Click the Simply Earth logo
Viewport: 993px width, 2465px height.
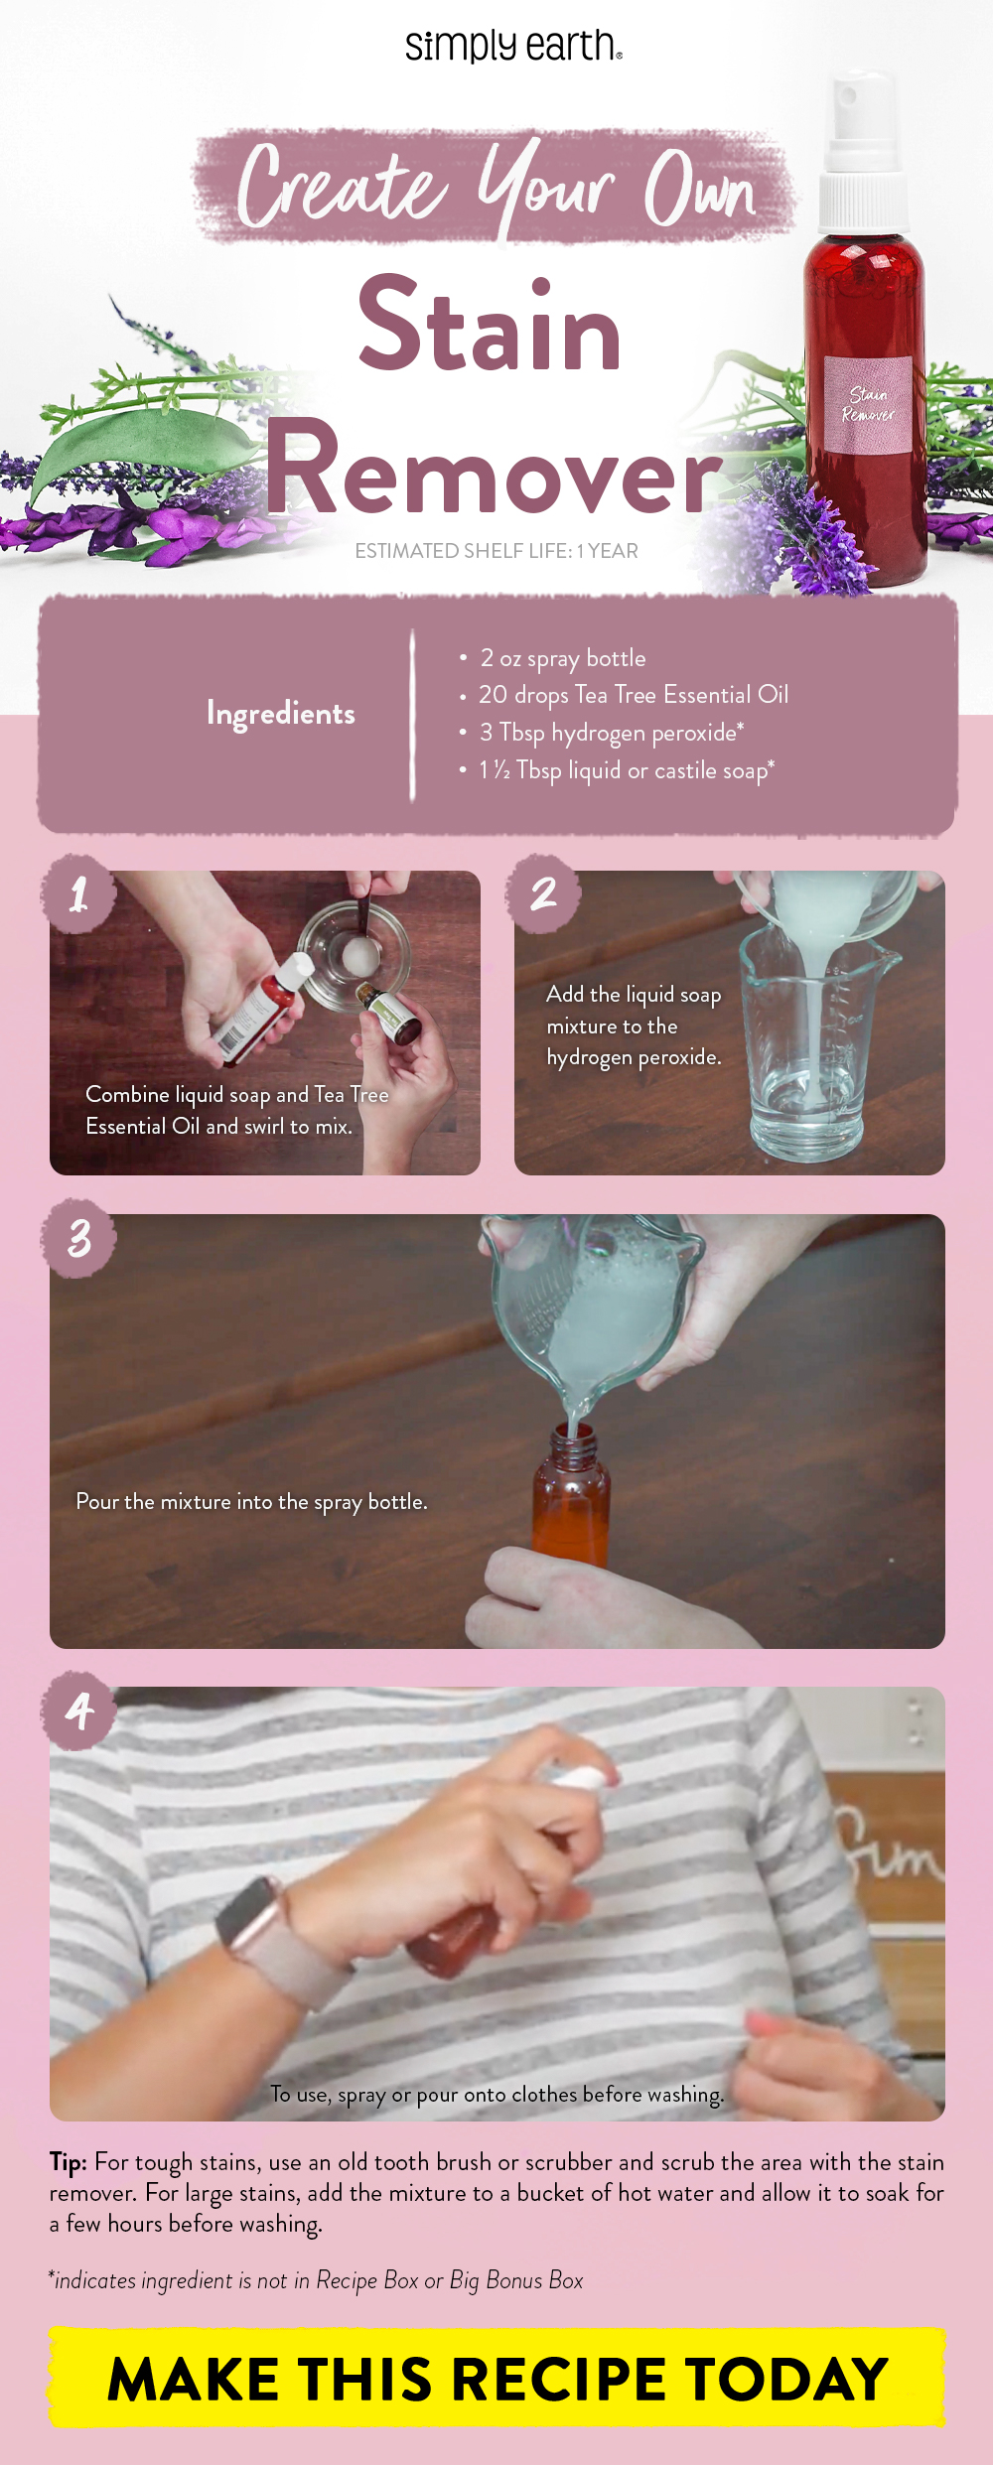[512, 46]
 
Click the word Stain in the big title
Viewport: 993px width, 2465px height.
[490, 326]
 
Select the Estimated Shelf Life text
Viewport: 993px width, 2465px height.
[496, 551]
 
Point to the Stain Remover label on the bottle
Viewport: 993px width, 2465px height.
[868, 405]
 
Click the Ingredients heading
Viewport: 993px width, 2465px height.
[280, 713]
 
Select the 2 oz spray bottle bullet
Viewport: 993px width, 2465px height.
[562, 658]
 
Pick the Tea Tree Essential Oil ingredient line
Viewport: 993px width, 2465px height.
[633, 695]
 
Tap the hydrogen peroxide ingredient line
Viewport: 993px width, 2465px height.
[611, 733]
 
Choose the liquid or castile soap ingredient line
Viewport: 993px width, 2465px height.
[626, 770]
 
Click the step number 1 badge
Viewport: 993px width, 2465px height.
[78, 893]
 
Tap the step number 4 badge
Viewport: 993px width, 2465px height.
[78, 1710]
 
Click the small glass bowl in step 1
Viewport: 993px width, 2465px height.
[354, 955]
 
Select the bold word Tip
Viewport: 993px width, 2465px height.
[68, 2161]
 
